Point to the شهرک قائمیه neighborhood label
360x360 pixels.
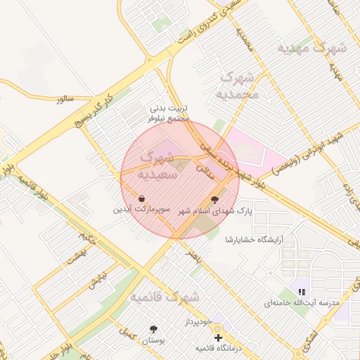[x=165, y=297]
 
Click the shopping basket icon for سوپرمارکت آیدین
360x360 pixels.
[x=142, y=199]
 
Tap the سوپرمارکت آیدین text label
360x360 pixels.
[x=141, y=210]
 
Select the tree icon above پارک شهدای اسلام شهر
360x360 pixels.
[x=214, y=199]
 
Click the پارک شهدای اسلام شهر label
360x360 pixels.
[x=216, y=210]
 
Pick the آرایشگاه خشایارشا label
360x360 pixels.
[x=252, y=240]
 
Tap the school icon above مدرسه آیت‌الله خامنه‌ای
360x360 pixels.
[x=302, y=291]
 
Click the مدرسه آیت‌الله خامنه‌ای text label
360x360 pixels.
[x=302, y=302]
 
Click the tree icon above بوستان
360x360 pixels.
[x=153, y=328]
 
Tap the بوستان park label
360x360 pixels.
[x=153, y=340]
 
